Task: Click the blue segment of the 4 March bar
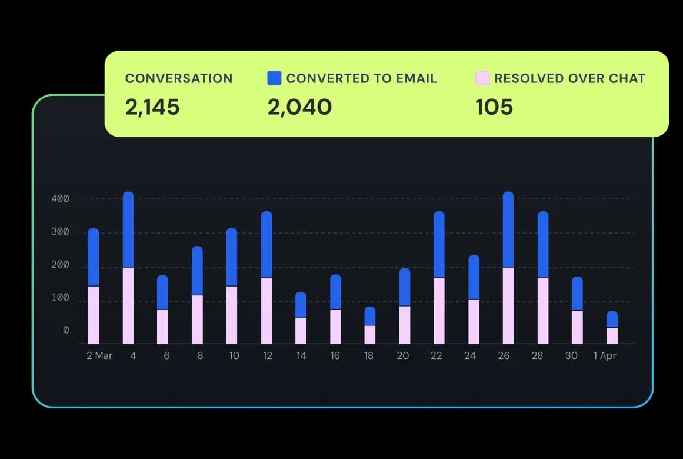coord(128,230)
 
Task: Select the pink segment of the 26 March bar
coord(508,305)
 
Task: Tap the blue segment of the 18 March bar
coord(370,316)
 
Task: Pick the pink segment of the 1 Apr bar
coord(612,335)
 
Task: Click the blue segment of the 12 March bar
coord(266,245)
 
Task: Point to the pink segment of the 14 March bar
coord(301,331)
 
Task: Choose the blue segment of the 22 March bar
coord(439,245)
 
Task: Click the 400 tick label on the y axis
coord(61,199)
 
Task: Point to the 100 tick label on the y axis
coord(61,298)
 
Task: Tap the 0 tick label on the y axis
coord(66,331)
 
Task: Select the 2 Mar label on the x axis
coord(99,356)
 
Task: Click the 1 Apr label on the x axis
coord(605,356)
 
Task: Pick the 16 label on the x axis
coord(335,356)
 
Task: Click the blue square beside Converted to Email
coord(274,78)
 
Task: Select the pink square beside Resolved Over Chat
coord(482,78)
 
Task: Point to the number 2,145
coord(152,107)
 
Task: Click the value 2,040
coord(299,107)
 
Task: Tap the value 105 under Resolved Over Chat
coord(494,107)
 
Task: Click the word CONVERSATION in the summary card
coord(179,78)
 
